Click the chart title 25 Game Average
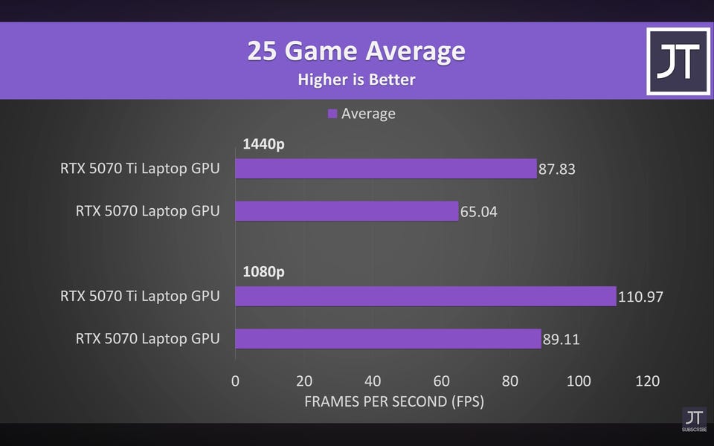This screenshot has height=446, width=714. pyautogui.click(x=356, y=52)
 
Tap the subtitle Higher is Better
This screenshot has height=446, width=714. pyautogui.click(x=356, y=80)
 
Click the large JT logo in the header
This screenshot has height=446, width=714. pyautogui.click(x=678, y=62)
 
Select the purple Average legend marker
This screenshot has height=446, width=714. pyautogui.click(x=332, y=114)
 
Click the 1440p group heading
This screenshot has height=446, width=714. pyautogui.click(x=263, y=144)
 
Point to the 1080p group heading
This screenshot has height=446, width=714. pyautogui.click(x=263, y=272)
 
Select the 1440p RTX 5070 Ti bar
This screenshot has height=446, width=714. pyautogui.click(x=385, y=169)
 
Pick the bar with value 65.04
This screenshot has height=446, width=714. pyautogui.click(x=347, y=211)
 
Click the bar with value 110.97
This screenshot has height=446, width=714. pyautogui.click(x=425, y=297)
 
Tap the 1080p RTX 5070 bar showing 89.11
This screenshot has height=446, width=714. pyautogui.click(x=387, y=339)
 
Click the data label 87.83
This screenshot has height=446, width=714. pyautogui.click(x=557, y=169)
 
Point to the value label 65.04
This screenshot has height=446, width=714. pyautogui.click(x=479, y=212)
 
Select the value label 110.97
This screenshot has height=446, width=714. pyautogui.click(x=640, y=297)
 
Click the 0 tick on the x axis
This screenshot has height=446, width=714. pyautogui.click(x=235, y=381)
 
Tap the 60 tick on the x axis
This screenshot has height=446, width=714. pyautogui.click(x=441, y=381)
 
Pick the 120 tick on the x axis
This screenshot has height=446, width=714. pyautogui.click(x=647, y=381)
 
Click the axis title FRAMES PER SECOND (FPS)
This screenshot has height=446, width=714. pyautogui.click(x=394, y=402)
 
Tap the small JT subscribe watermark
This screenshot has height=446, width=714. pyautogui.click(x=693, y=419)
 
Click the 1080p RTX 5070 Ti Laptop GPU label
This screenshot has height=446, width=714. pyautogui.click(x=140, y=297)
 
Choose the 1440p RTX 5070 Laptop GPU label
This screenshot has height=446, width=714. pyautogui.click(x=147, y=211)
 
